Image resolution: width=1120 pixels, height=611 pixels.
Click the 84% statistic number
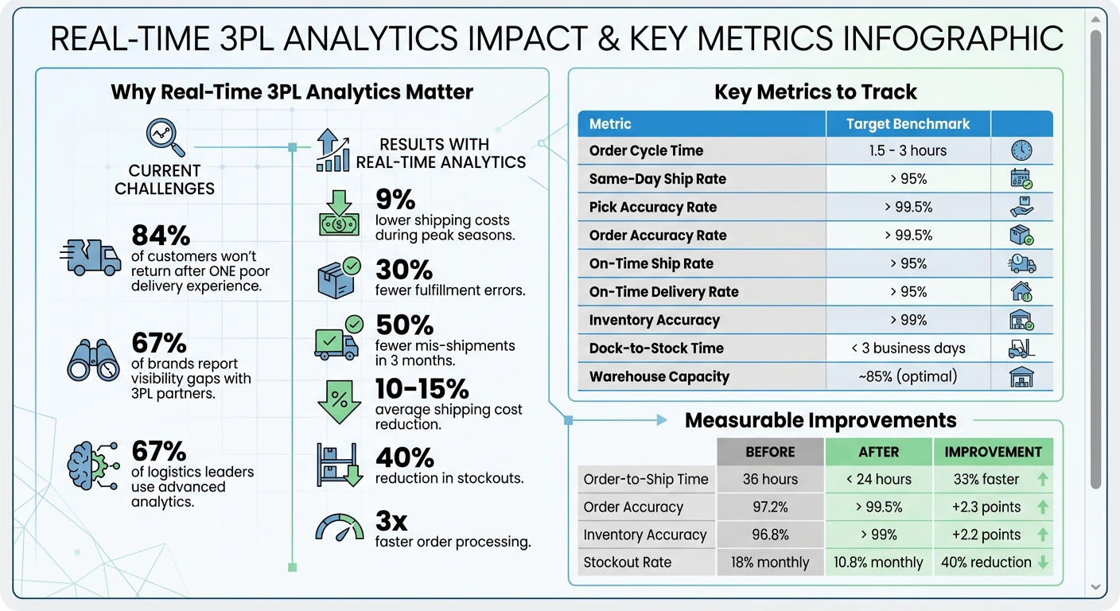coord(161,235)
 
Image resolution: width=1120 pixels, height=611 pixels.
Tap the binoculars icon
coord(93,360)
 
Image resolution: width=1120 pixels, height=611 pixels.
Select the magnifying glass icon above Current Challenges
coord(165,137)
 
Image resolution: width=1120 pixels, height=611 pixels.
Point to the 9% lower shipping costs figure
coord(395,198)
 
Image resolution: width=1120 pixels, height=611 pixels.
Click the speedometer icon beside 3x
coord(340,527)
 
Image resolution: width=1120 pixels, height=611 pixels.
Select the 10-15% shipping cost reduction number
coord(422,389)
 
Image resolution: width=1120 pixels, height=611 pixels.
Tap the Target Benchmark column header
coord(908,124)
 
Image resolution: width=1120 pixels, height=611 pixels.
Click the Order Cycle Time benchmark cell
coord(908,151)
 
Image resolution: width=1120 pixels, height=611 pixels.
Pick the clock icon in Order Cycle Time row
coord(1021,150)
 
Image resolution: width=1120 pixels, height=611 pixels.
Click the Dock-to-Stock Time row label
coord(656,348)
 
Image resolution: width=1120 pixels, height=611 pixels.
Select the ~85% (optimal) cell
coord(908,377)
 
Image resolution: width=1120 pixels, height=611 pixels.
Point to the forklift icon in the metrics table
coord(1021,348)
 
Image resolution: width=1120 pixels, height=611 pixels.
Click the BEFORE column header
coord(770,452)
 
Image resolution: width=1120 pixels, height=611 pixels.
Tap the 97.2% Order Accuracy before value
coord(770,507)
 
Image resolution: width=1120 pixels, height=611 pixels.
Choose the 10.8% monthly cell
coord(878,562)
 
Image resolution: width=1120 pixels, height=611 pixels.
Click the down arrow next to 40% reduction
coord(1043,562)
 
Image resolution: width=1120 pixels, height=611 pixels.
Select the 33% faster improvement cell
coord(985,480)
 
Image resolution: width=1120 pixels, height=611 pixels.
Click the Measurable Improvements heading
coord(820,420)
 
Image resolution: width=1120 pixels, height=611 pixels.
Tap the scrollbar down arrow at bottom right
coord(1095,587)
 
